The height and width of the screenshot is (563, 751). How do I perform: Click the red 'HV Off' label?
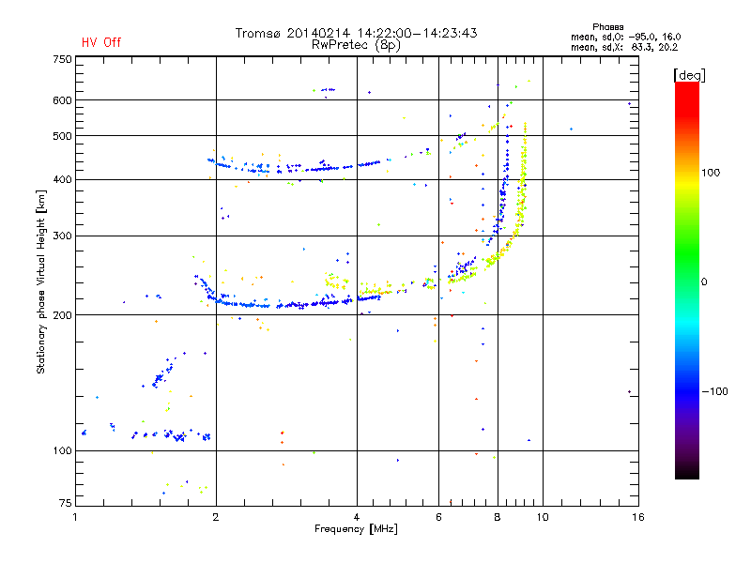coord(100,42)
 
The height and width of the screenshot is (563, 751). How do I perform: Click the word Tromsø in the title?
coord(260,33)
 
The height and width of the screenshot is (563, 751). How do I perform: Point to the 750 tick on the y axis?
coord(62,59)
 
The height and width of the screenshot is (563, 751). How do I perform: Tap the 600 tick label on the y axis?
coord(62,100)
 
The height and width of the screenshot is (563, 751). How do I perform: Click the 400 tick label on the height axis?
coord(62,179)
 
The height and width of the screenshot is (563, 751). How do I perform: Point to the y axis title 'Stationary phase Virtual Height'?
coord(41,281)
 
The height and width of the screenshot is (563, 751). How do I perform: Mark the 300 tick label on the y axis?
coord(62,236)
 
